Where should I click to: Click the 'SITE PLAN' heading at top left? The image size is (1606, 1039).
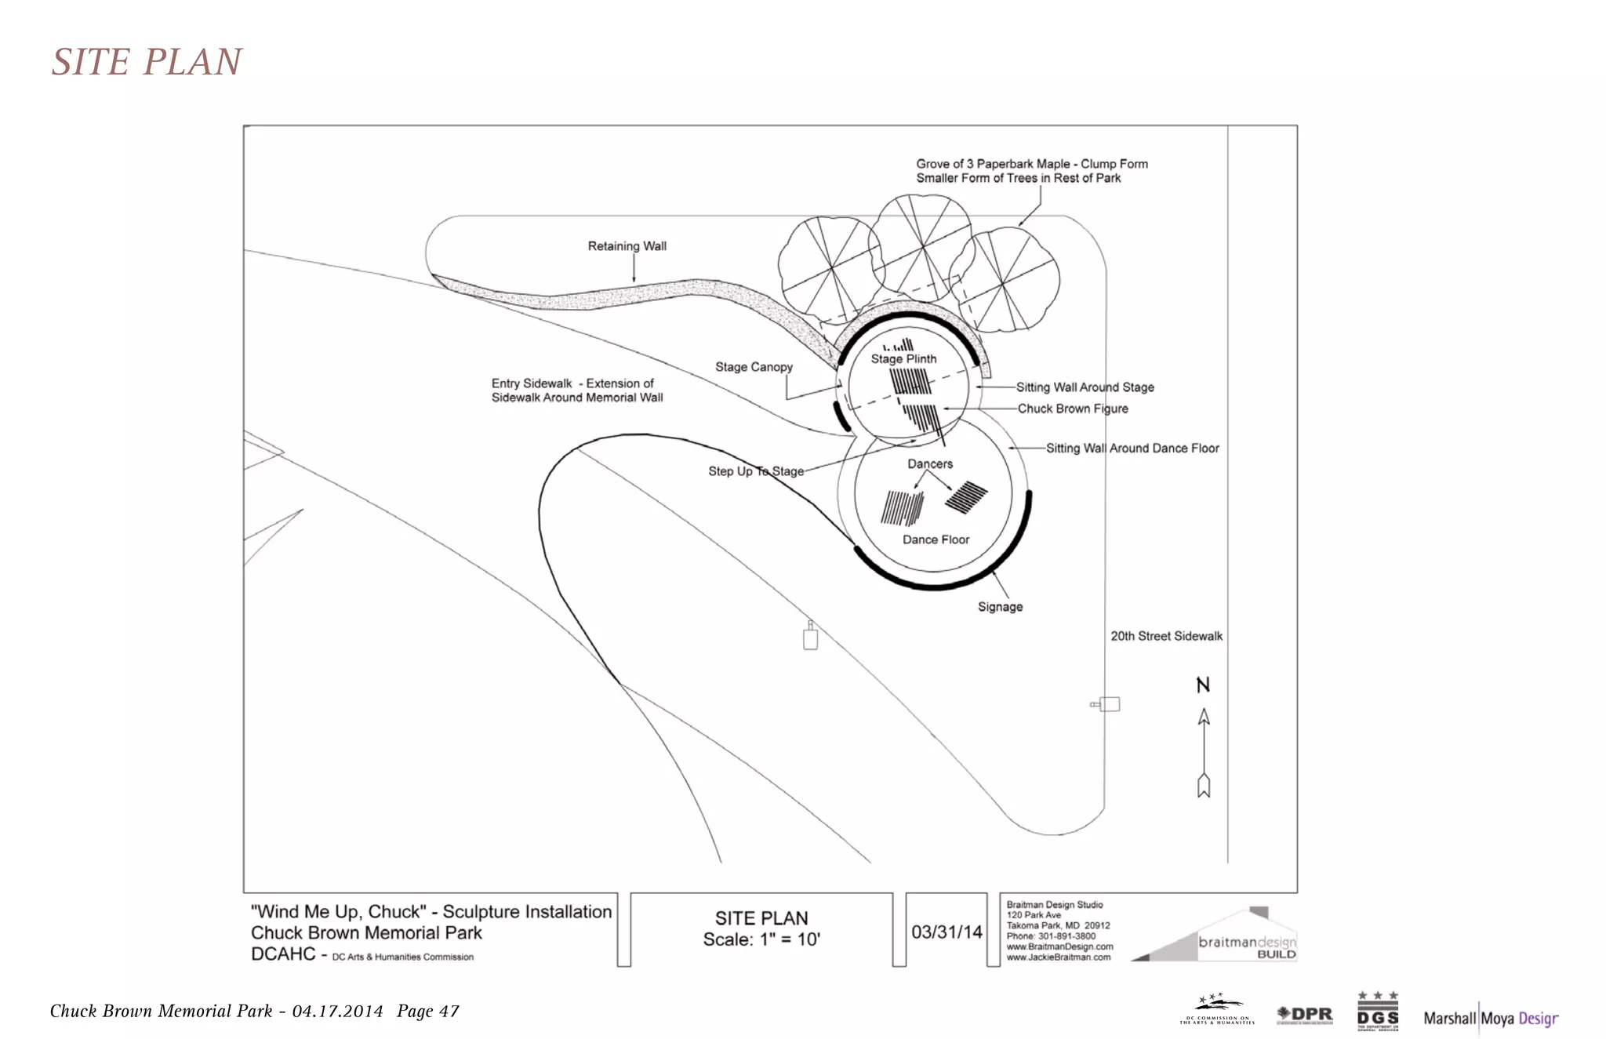pyautogui.click(x=147, y=62)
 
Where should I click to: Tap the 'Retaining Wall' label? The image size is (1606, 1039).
pyautogui.click(x=627, y=246)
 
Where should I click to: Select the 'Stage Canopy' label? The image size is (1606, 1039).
pyautogui.click(x=754, y=367)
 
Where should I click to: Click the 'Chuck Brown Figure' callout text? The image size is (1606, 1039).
pyautogui.click(x=1072, y=409)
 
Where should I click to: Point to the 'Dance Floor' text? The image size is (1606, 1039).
pyautogui.click(x=936, y=539)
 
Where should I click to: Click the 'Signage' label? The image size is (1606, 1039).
pyautogui.click(x=1000, y=607)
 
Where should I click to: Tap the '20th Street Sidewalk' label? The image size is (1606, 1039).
pyautogui.click(x=1166, y=636)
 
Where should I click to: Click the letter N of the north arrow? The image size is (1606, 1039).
pyautogui.click(x=1203, y=685)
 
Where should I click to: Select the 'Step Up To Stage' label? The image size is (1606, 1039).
pyautogui.click(x=756, y=471)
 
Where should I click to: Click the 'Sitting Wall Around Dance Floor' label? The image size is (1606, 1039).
pyautogui.click(x=1132, y=449)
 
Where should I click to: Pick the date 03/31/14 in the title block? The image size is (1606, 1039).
pyautogui.click(x=947, y=932)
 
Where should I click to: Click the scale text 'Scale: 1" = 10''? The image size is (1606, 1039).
pyautogui.click(x=761, y=939)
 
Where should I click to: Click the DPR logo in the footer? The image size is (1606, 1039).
pyautogui.click(x=1305, y=1015)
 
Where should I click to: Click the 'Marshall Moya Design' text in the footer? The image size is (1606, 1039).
pyautogui.click(x=1490, y=1018)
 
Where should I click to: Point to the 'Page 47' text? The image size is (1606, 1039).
pyautogui.click(x=427, y=1011)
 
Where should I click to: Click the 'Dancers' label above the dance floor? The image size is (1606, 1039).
pyautogui.click(x=930, y=464)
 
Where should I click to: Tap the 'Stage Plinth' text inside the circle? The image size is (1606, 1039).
pyautogui.click(x=903, y=359)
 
